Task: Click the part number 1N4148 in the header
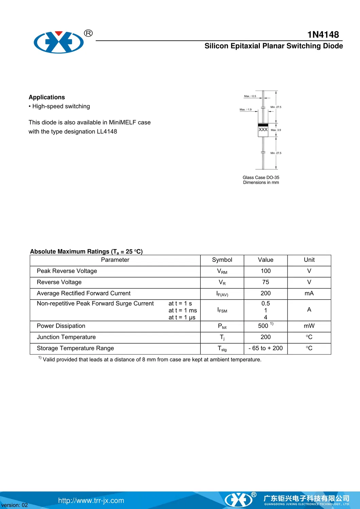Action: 323,35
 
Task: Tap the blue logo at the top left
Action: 59,42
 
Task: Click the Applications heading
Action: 47,97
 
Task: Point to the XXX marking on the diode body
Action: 263,130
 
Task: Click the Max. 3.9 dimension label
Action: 276,130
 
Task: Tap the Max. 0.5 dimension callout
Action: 250,96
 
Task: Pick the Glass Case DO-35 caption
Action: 261,178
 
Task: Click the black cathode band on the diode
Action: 263,125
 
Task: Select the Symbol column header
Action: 222,260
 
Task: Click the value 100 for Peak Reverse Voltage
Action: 266,271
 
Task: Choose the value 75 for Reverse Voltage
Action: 266,282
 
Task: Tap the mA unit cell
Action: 309,293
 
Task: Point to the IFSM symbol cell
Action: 222,310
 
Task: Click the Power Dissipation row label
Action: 61,326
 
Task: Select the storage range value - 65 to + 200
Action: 266,348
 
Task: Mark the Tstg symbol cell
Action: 222,348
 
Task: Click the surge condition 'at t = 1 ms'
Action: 183,310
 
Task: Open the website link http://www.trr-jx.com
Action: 91,501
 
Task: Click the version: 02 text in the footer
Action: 15,505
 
